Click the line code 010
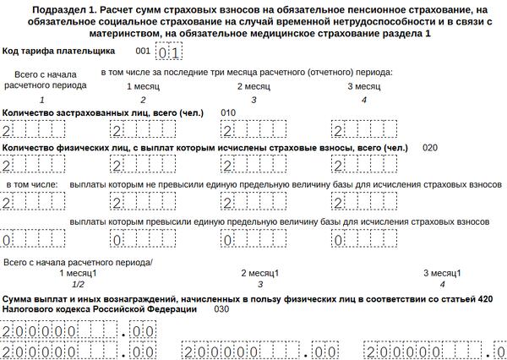click(228, 112)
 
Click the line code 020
click(430, 148)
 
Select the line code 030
click(221, 309)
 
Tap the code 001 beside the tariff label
click(143, 52)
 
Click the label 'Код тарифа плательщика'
click(59, 52)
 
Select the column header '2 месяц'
click(253, 86)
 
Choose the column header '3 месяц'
click(363, 86)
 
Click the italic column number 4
click(363, 101)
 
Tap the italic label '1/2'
click(78, 285)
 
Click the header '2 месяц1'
click(260, 273)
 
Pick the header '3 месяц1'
click(442, 273)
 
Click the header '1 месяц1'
click(78, 273)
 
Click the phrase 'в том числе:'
click(32, 184)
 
